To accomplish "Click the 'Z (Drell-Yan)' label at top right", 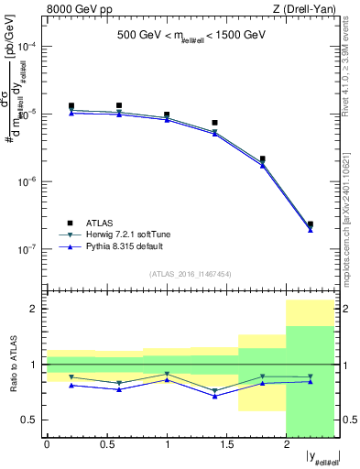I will point(305,10).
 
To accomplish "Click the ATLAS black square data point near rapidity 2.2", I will point(311,224).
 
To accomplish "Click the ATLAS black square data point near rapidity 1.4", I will point(214,123).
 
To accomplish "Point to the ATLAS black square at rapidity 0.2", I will point(71,106).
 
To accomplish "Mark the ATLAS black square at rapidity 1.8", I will point(263,159).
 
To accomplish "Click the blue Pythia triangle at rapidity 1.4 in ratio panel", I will point(214,396).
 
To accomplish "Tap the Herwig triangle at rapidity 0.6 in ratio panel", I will point(119,383).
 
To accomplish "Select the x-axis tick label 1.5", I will point(226,444).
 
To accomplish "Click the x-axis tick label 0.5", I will point(106,444).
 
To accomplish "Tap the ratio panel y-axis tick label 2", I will point(34,309).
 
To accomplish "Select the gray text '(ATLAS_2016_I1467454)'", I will point(191,274).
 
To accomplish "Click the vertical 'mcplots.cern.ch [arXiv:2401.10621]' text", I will point(352,211).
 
